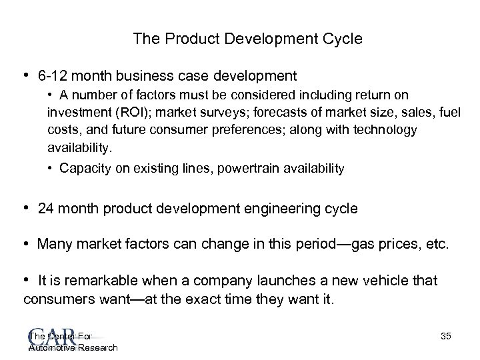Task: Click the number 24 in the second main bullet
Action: pos(47,209)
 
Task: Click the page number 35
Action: pos(445,337)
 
